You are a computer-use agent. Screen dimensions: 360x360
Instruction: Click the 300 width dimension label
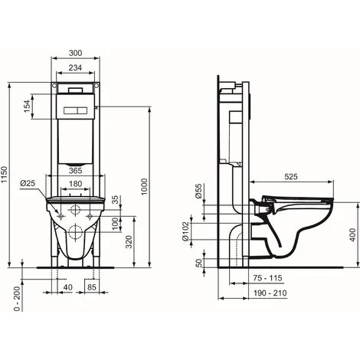point(76,53)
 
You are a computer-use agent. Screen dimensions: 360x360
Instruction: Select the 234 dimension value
point(76,67)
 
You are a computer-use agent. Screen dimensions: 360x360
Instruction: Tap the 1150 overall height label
point(5,175)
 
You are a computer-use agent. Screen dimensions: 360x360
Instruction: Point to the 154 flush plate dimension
point(27,106)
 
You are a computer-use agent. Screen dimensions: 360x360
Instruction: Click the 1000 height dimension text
point(145,187)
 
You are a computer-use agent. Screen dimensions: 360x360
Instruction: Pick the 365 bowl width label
point(76,171)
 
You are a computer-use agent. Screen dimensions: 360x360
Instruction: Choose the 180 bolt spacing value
point(76,184)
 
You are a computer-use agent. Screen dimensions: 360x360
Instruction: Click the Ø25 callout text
point(28,183)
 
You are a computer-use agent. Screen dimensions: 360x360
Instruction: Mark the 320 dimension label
point(129,242)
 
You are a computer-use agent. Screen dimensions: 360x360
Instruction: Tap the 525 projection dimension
point(291,176)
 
